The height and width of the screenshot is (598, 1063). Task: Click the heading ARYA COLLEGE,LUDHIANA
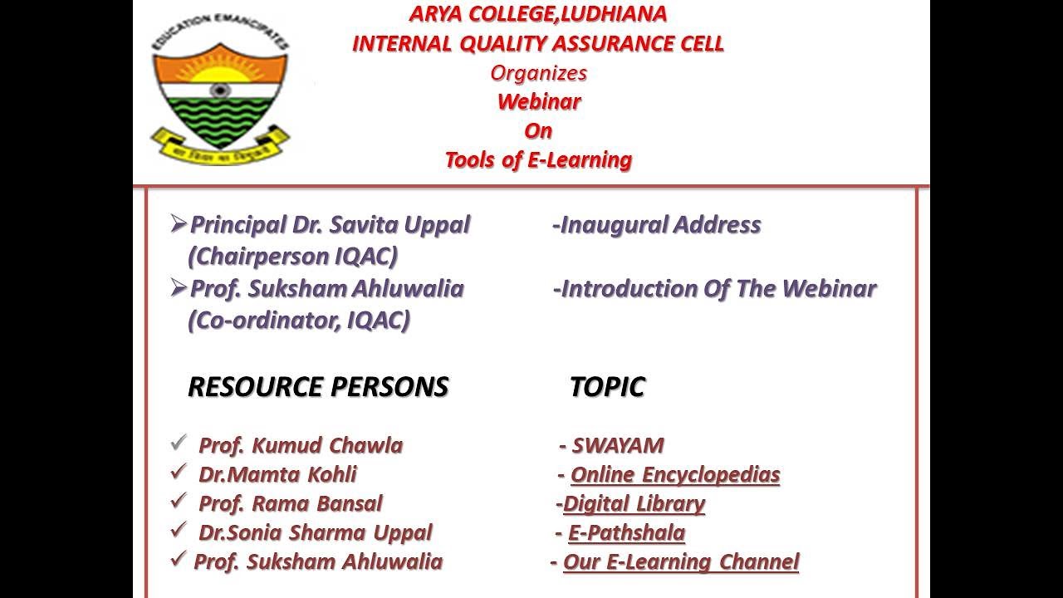tap(538, 14)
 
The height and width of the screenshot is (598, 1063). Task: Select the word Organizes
tap(538, 73)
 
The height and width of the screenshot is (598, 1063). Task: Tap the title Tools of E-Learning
tap(538, 159)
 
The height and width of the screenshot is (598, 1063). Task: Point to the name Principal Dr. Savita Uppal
tap(330, 225)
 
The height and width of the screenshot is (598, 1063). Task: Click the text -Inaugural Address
tap(656, 225)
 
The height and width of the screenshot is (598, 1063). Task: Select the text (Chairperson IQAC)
tap(292, 257)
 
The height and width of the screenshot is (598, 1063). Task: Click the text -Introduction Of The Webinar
tap(714, 289)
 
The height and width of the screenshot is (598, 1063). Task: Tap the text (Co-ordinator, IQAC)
tap(299, 321)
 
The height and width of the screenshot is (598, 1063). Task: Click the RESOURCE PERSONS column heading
tap(318, 387)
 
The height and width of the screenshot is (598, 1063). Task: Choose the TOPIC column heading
tap(607, 387)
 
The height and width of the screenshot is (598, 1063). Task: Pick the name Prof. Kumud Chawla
tap(300, 446)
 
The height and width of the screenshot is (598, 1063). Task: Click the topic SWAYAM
tap(617, 446)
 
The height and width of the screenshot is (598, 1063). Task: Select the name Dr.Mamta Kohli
tap(277, 475)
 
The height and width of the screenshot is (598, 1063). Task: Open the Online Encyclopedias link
tap(675, 475)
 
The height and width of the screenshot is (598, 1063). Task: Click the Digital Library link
tap(634, 504)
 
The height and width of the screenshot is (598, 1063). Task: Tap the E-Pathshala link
tap(626, 533)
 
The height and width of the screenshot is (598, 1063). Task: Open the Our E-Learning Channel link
tap(680, 562)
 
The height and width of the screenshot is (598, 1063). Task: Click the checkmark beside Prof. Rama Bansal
tap(178, 502)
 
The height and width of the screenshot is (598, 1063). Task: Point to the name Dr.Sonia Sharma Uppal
tap(315, 533)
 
